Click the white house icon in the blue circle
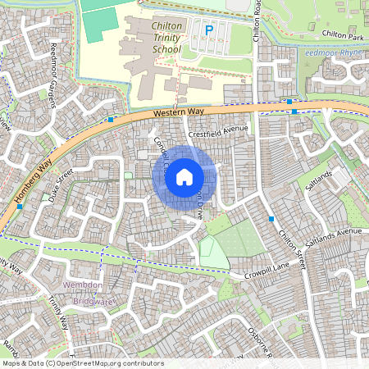coord(184,175)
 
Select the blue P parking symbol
coord(209,30)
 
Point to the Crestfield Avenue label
coord(217,129)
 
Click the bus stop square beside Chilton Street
coord(271,218)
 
